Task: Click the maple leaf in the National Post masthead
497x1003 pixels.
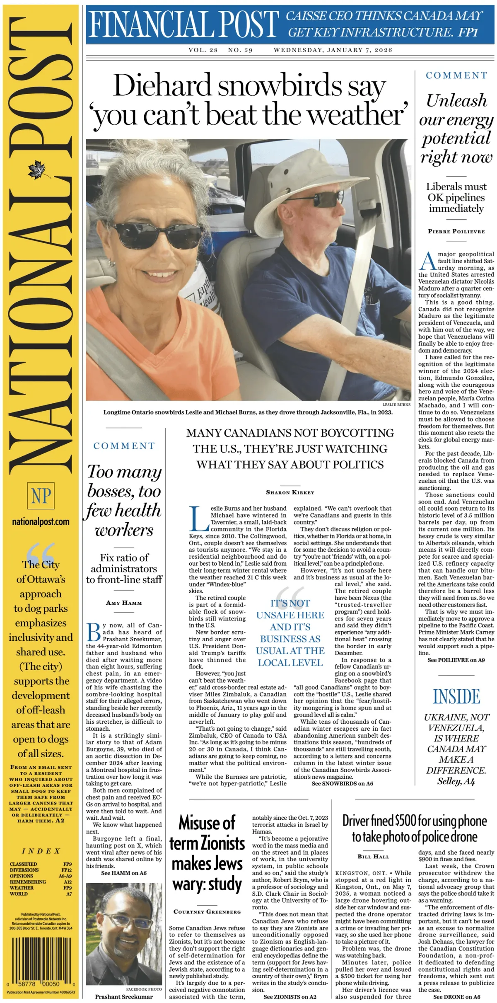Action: tap(40, 170)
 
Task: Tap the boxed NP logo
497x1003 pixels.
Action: tap(41, 496)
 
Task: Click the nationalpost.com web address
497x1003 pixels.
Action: tap(41, 522)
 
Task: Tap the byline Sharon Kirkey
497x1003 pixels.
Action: tap(290, 492)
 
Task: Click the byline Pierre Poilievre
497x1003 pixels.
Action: tap(456, 231)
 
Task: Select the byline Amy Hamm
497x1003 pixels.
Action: tap(124, 603)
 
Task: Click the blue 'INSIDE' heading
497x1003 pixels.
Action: tap(456, 696)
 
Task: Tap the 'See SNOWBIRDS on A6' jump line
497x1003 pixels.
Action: tap(342, 783)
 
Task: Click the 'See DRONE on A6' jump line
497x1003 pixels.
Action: tap(456, 996)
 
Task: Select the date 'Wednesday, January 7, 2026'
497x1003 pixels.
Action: tap(333, 50)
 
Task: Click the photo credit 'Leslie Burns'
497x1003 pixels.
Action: tap(396, 404)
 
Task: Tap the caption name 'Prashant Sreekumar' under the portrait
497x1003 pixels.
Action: tap(124, 996)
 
